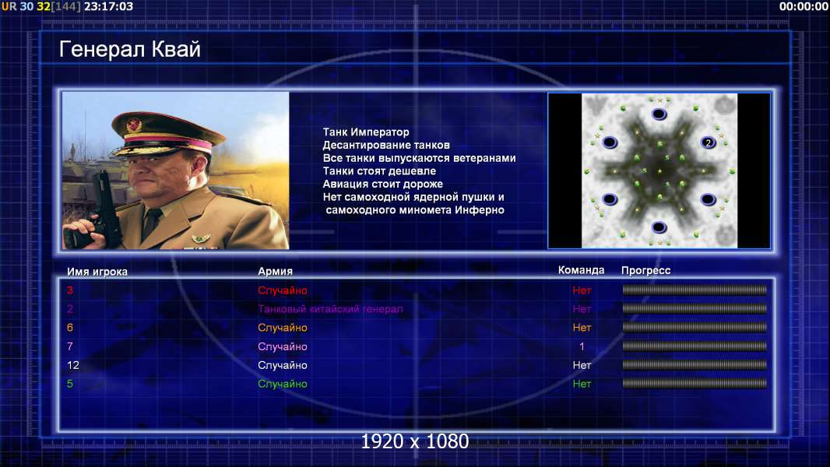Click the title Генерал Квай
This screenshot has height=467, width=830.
click(x=130, y=49)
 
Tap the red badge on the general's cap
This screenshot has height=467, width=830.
click(x=134, y=125)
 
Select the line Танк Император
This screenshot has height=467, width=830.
click(x=366, y=132)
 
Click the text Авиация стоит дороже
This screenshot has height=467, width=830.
click(x=383, y=184)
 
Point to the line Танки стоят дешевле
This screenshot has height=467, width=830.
click(x=379, y=170)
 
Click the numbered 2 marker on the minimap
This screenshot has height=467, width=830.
click(x=708, y=142)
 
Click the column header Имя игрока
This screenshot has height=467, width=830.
click(x=97, y=272)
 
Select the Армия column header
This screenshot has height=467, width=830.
click(x=275, y=271)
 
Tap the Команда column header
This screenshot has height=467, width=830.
click(x=581, y=270)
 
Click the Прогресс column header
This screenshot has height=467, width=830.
click(x=645, y=270)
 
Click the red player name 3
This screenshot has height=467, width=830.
click(x=70, y=290)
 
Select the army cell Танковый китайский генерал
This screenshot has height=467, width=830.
click(x=330, y=309)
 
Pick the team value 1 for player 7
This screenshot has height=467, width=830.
click(x=582, y=346)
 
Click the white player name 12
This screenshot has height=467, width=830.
click(x=73, y=365)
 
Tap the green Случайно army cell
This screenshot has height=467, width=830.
click(x=282, y=384)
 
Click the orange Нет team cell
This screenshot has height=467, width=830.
click(x=582, y=328)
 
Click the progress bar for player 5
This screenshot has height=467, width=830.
click(x=694, y=384)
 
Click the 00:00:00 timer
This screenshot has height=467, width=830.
click(x=804, y=6)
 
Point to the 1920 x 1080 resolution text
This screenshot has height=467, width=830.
click(x=414, y=441)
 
